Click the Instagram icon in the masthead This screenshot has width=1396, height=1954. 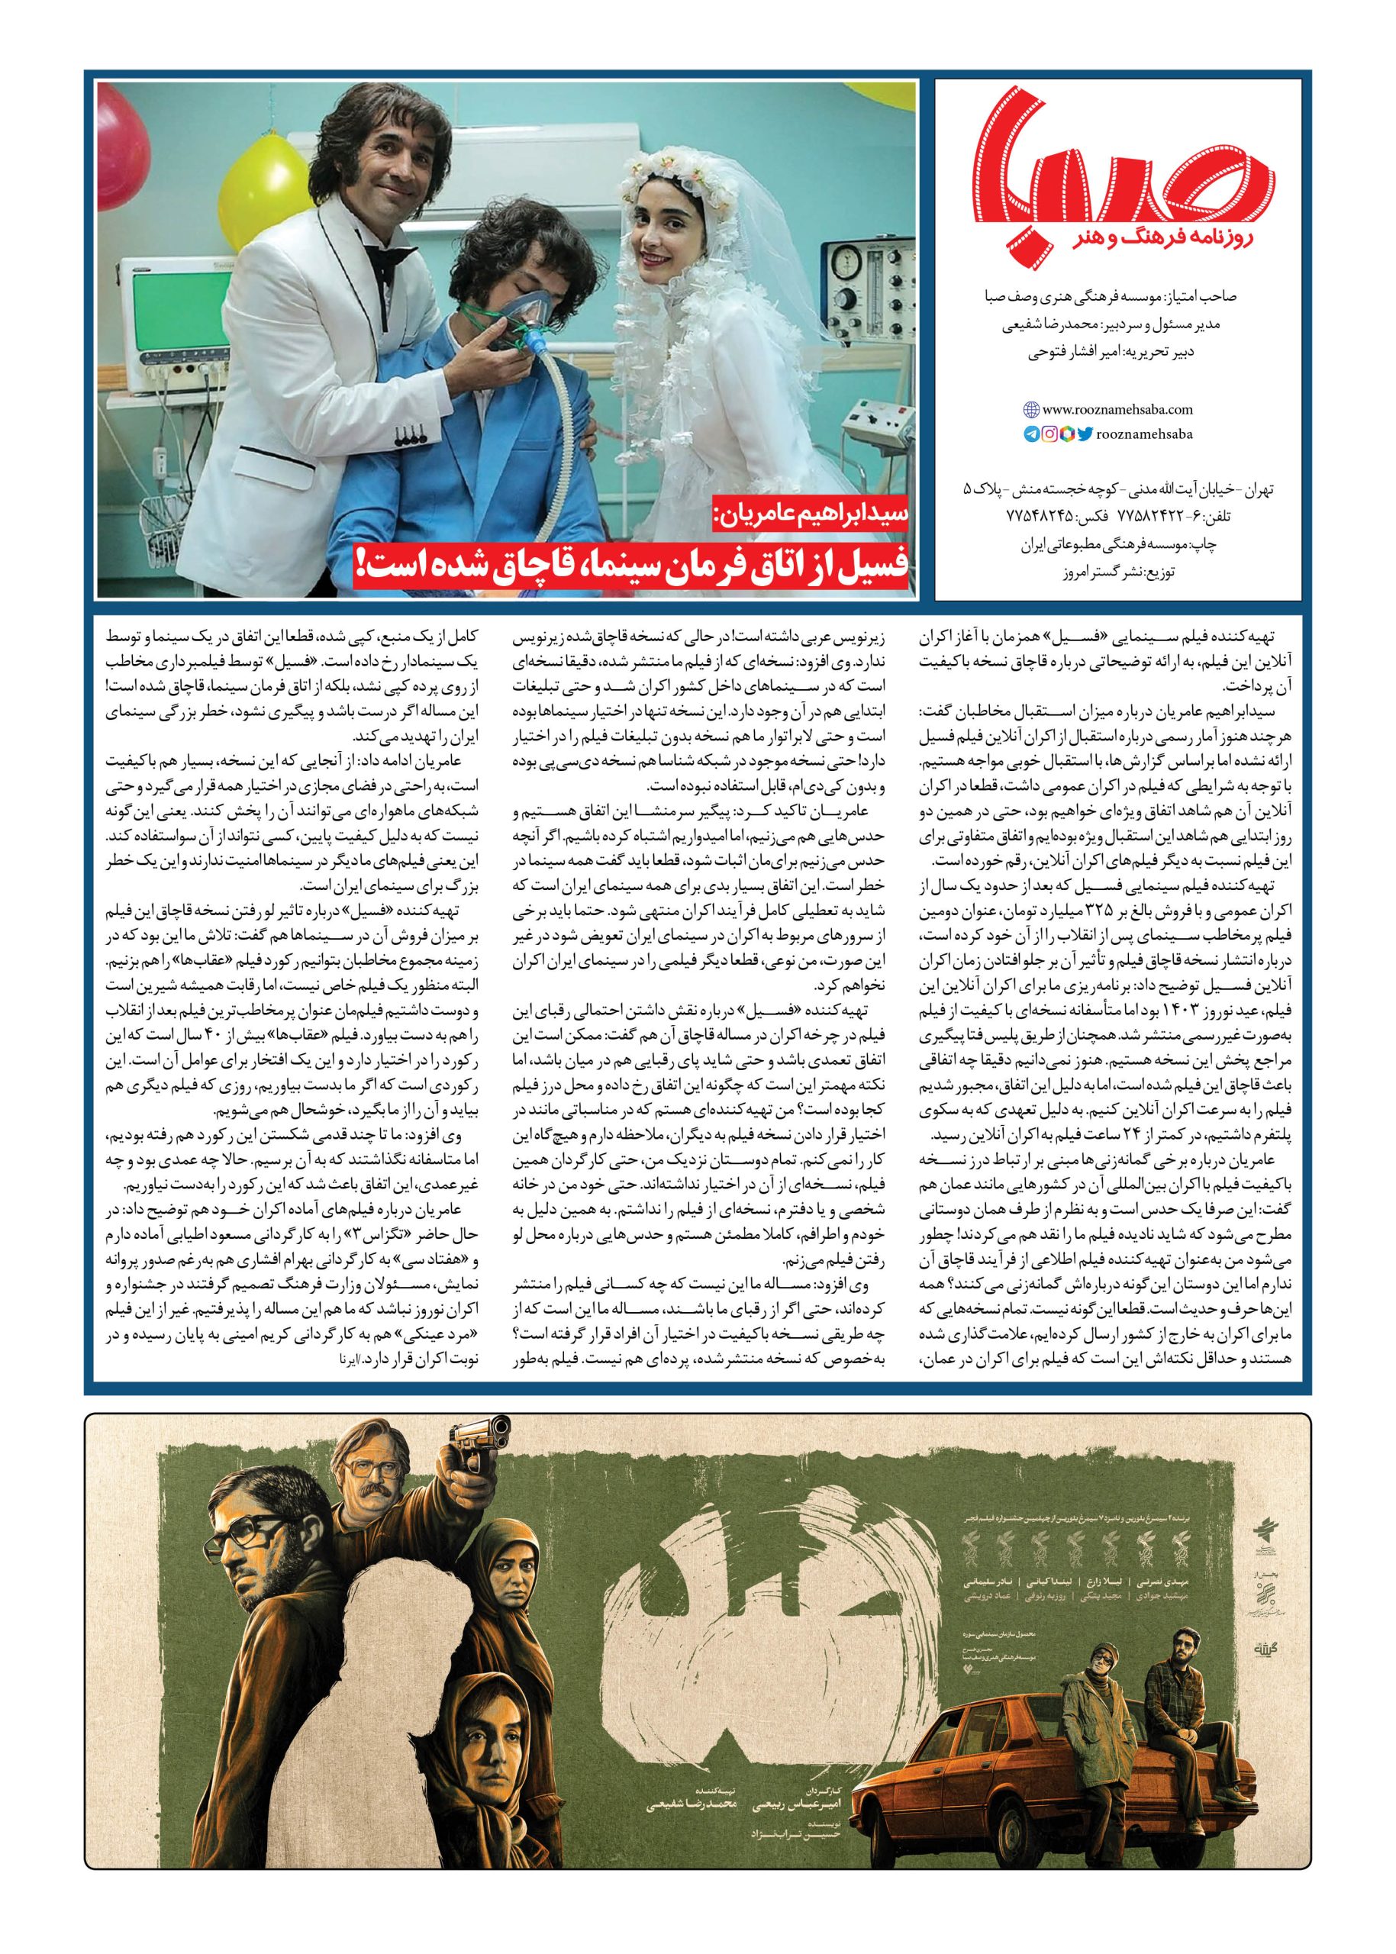[x=1049, y=434]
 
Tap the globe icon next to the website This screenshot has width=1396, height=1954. [x=1033, y=410]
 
